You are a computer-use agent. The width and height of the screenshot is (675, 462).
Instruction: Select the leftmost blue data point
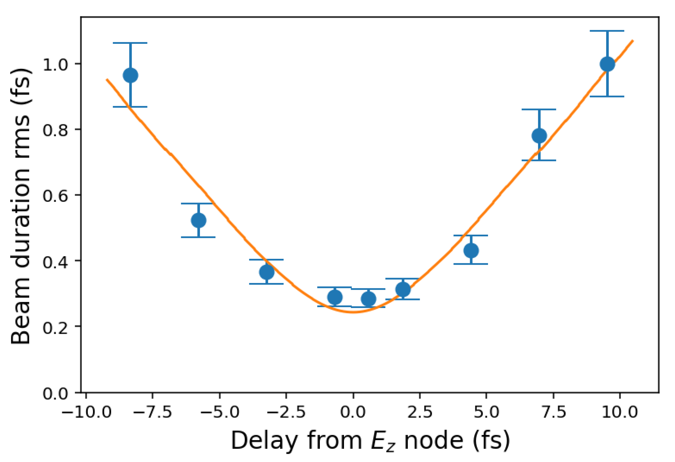click(130, 75)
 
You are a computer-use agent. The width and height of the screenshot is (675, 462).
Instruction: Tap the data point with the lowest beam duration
click(368, 298)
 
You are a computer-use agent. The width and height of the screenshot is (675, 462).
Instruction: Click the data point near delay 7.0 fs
click(539, 135)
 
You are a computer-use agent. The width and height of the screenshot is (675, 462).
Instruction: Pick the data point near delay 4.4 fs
click(471, 250)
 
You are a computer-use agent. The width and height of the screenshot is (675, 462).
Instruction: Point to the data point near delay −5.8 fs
click(199, 220)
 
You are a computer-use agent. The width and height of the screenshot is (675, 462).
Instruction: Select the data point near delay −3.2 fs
click(266, 272)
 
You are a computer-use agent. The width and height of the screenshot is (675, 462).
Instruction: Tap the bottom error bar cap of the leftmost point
click(130, 107)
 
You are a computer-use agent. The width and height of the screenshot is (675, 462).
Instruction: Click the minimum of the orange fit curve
click(353, 312)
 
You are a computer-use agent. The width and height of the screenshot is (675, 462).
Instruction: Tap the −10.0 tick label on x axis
click(86, 412)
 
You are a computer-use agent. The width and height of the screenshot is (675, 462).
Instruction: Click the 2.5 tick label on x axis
click(420, 412)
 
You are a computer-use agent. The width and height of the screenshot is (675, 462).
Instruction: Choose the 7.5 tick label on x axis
click(554, 412)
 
